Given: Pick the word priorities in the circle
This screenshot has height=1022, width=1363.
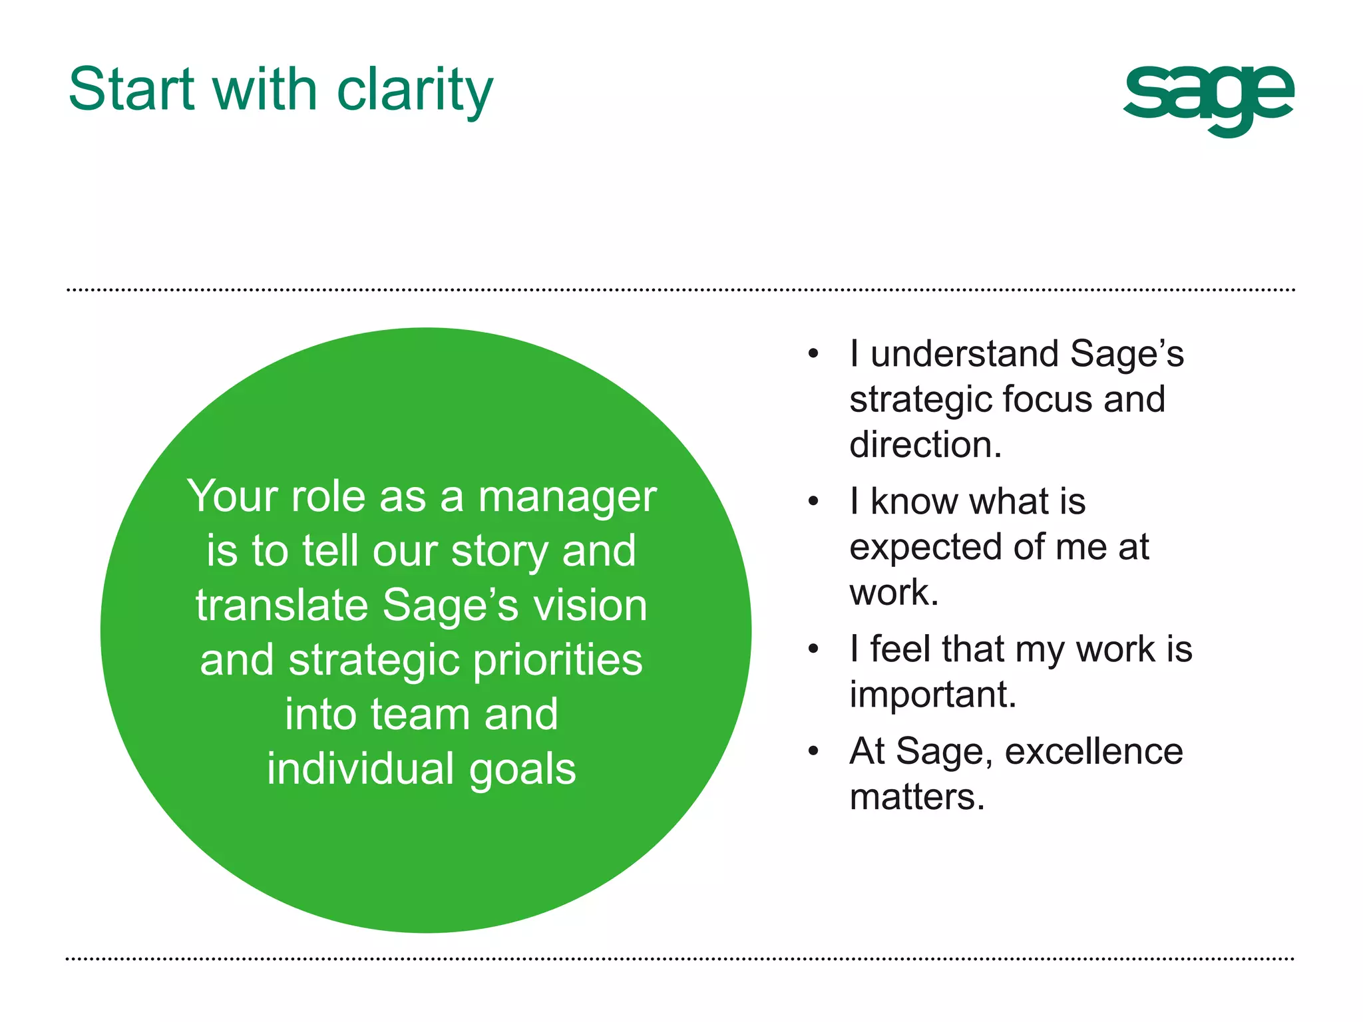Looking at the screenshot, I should tap(558, 661).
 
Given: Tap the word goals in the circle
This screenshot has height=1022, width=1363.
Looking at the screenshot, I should tap(522, 770).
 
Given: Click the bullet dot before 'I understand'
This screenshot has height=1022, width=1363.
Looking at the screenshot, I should tap(813, 354).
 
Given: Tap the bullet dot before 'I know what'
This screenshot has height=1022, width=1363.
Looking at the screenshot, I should tap(813, 502).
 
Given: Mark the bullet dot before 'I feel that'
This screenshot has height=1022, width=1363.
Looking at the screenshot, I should tap(813, 649).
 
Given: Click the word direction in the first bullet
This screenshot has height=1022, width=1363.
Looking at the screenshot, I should tap(924, 444).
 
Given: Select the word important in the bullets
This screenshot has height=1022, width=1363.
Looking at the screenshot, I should tap(932, 695).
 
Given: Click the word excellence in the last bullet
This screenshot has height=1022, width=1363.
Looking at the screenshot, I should tap(1093, 752).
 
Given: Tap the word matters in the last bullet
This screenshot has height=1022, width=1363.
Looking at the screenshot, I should tap(916, 797).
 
